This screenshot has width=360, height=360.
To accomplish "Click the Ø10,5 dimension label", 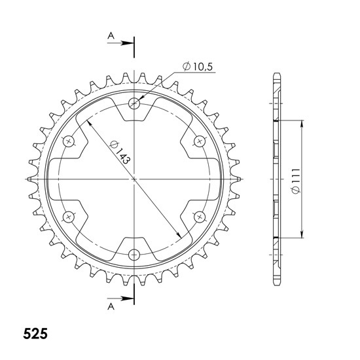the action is [x=198, y=67].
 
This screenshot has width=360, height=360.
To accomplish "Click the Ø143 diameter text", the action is [x=120, y=153].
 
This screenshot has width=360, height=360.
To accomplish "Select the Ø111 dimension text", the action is [x=296, y=181].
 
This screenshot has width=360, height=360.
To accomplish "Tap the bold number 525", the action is [x=35, y=334].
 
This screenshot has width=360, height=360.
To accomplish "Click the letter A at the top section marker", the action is [x=111, y=36].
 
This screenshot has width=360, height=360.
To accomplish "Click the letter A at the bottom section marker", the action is [x=111, y=306].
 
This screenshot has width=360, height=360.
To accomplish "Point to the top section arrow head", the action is [x=127, y=43].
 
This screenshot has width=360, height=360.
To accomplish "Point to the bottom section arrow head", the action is [x=127, y=298].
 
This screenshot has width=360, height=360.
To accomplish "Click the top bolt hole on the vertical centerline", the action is [x=134, y=103].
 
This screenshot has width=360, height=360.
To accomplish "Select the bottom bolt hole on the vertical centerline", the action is [x=134, y=255].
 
